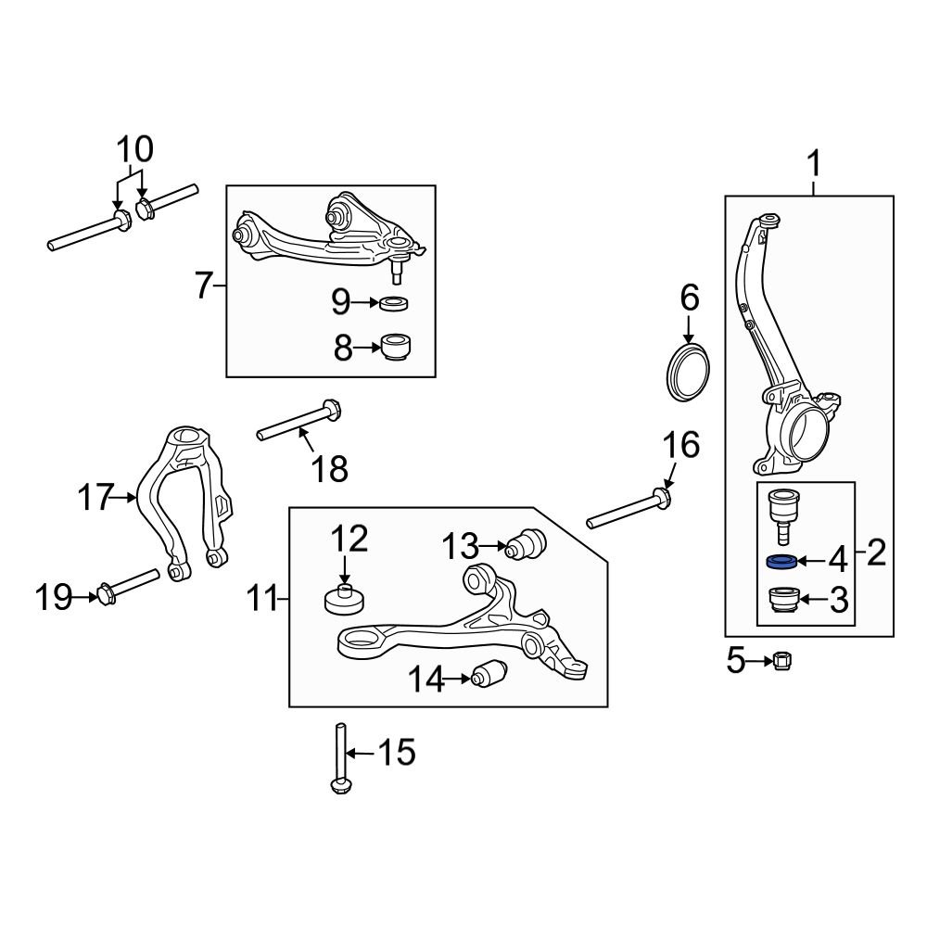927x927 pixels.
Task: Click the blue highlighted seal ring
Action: pyautogui.click(x=781, y=561)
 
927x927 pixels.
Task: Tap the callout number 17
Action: pyautogui.click(x=95, y=498)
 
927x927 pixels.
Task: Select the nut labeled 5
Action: pyautogui.click(x=781, y=661)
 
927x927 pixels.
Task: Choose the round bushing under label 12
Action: pyautogui.click(x=344, y=599)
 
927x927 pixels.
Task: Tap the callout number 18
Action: pyautogui.click(x=328, y=468)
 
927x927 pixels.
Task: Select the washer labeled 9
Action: pyautogui.click(x=396, y=302)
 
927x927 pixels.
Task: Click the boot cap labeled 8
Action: pyautogui.click(x=396, y=349)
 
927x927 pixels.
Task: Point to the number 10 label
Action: pyautogui.click(x=135, y=149)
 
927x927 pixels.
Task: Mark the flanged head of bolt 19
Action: pyautogui.click(x=105, y=593)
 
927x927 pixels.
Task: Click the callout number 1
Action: pyautogui.click(x=814, y=167)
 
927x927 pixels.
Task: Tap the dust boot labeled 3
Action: pyautogui.click(x=784, y=601)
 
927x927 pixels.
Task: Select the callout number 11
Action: pyautogui.click(x=263, y=600)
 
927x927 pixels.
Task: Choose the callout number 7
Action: pyautogui.click(x=205, y=286)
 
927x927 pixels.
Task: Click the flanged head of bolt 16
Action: pyautogui.click(x=661, y=502)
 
